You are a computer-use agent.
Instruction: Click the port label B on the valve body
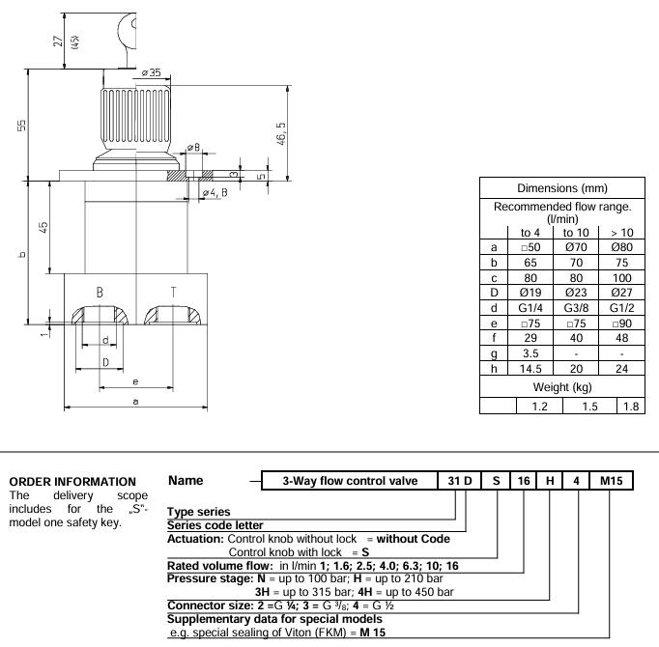(100, 291)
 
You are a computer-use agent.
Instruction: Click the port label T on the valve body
(172, 291)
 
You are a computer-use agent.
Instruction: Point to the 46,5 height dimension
(280, 132)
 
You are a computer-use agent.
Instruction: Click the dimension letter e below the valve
(134, 383)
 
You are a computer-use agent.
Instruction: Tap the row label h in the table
(495, 371)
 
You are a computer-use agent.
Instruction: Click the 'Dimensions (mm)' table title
(562, 188)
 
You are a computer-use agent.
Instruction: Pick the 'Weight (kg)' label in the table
(562, 387)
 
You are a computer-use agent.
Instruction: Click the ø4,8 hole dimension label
(215, 192)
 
